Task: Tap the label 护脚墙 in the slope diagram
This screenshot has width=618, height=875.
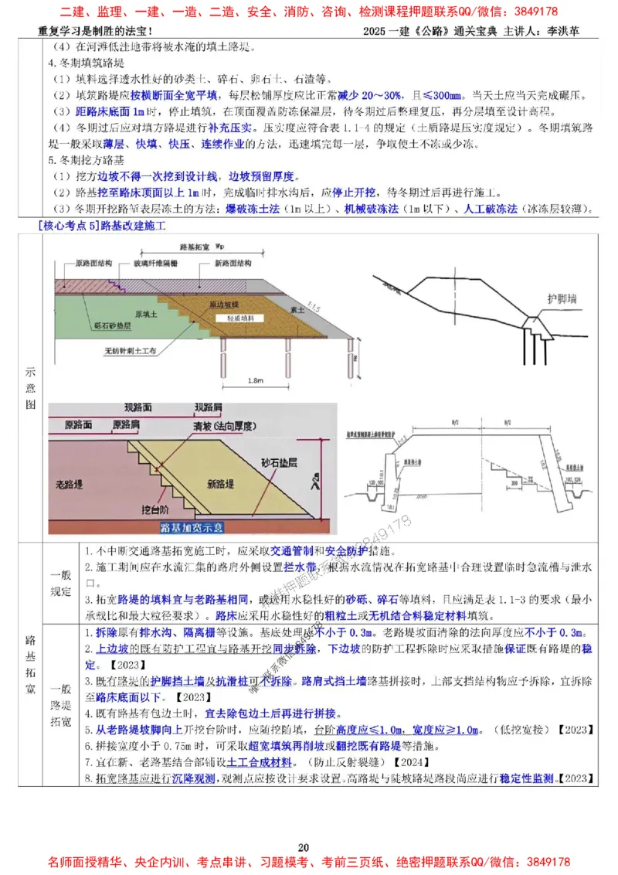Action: pyautogui.click(x=559, y=296)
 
